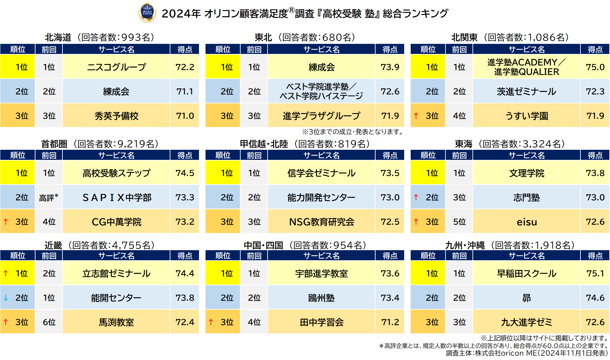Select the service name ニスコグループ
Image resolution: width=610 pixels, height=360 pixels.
(116, 67)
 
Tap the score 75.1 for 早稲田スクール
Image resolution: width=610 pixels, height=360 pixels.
(595, 273)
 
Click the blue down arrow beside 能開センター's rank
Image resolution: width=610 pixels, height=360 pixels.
(6, 298)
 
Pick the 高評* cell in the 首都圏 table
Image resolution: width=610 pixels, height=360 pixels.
(49, 198)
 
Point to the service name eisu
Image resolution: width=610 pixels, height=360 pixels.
(527, 222)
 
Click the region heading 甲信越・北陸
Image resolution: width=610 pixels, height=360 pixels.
(264, 144)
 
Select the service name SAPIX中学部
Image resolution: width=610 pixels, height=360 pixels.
(116, 198)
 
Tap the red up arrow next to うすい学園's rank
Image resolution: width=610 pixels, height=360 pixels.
(416, 116)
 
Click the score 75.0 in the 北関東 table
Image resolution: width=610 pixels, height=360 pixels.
(595, 67)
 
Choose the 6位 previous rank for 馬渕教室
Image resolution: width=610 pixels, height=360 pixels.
(49, 322)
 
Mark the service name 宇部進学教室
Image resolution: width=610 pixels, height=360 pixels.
(321, 274)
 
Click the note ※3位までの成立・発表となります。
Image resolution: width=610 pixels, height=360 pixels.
(353, 132)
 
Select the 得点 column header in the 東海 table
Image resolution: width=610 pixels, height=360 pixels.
(595, 155)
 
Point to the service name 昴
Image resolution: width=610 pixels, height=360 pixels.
(526, 298)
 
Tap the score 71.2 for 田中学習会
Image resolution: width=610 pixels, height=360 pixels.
(390, 322)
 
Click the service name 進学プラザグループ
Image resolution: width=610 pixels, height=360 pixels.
(321, 116)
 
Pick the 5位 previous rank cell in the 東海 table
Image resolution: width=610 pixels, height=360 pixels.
(459, 222)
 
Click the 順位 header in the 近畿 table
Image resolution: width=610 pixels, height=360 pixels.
(18, 256)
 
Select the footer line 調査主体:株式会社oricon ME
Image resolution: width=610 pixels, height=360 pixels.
(526, 353)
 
